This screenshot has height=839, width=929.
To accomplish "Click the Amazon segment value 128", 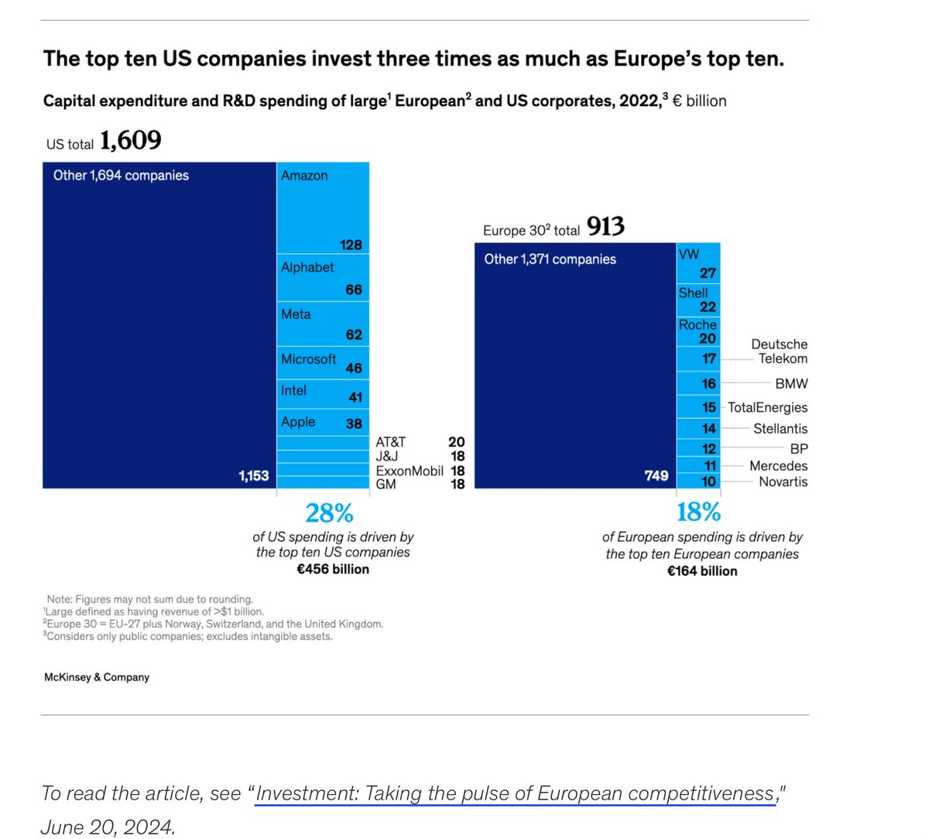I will coord(351,245).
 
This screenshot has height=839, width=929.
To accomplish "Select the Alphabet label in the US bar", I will coord(307,267).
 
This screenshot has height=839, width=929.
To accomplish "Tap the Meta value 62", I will coord(354,334).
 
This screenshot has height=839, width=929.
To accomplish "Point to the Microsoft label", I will coord(308,359).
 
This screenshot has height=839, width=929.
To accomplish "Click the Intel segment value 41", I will coord(355,397).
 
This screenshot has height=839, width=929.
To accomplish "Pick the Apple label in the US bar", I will coord(298,422).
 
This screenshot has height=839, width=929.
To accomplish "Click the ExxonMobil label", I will coord(410,471).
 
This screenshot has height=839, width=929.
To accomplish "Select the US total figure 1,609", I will coord(130,141).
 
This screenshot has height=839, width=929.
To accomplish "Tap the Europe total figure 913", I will coord(605,227).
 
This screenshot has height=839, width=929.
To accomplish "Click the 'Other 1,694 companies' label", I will coord(121,176).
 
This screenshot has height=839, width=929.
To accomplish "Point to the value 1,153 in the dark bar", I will coord(253,476).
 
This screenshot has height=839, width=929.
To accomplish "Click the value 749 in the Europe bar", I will coord(656,475).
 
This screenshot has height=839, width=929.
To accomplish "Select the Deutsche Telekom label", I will coord(780,351).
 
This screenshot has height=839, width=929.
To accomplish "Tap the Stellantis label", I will coord(780,429).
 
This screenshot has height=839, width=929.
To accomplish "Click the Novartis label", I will coord(783,481).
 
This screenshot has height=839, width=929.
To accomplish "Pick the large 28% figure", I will coord(329,512).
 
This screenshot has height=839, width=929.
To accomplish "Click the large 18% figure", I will coord(698,512).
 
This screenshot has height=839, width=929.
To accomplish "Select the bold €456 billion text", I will coord(333,570).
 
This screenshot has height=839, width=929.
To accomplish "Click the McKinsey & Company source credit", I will coord(97,677).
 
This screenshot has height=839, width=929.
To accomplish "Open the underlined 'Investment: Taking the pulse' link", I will coord(515,794).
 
